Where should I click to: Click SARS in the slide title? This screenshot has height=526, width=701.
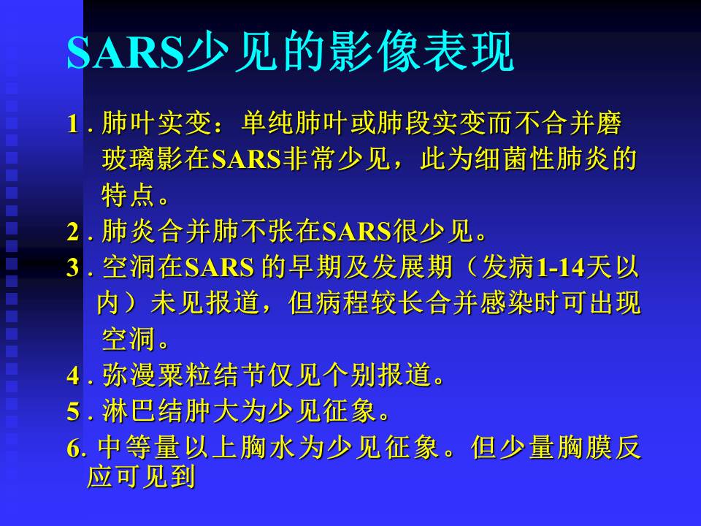(x=124, y=53)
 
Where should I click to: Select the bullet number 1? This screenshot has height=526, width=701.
(x=73, y=125)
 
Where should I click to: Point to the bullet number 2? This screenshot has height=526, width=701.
(x=73, y=233)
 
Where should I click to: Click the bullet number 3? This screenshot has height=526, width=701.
(x=73, y=269)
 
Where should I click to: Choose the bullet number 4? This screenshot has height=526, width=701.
(x=73, y=377)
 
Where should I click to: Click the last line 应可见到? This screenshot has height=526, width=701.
(x=142, y=478)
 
